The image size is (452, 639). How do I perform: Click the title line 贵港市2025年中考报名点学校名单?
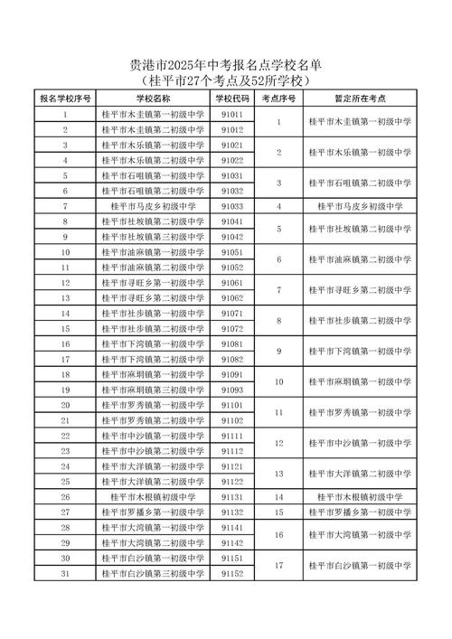[226, 65]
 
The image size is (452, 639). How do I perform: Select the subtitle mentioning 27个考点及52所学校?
[226, 80]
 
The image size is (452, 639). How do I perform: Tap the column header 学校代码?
[231, 98]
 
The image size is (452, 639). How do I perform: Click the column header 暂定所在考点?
[360, 98]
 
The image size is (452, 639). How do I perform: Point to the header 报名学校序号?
[65, 98]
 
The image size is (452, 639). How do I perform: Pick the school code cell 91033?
[231, 206]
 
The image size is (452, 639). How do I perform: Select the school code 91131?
[231, 496]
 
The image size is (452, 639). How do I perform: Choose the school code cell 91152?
[231, 573]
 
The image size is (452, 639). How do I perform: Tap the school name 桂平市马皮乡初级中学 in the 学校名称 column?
[153, 206]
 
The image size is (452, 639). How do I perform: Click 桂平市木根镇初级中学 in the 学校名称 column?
[153, 496]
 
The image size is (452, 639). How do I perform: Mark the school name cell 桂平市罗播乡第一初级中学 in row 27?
[153, 512]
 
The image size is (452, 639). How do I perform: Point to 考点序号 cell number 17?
[280, 566]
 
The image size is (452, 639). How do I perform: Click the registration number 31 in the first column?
[65, 573]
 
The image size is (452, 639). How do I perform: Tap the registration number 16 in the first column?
[65, 344]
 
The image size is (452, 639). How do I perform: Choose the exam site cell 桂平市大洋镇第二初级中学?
[360, 474]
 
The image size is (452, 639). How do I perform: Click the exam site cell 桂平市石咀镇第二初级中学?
[360, 183]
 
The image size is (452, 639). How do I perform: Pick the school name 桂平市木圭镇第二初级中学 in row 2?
[153, 130]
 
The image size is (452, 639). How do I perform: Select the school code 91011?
[231, 115]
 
